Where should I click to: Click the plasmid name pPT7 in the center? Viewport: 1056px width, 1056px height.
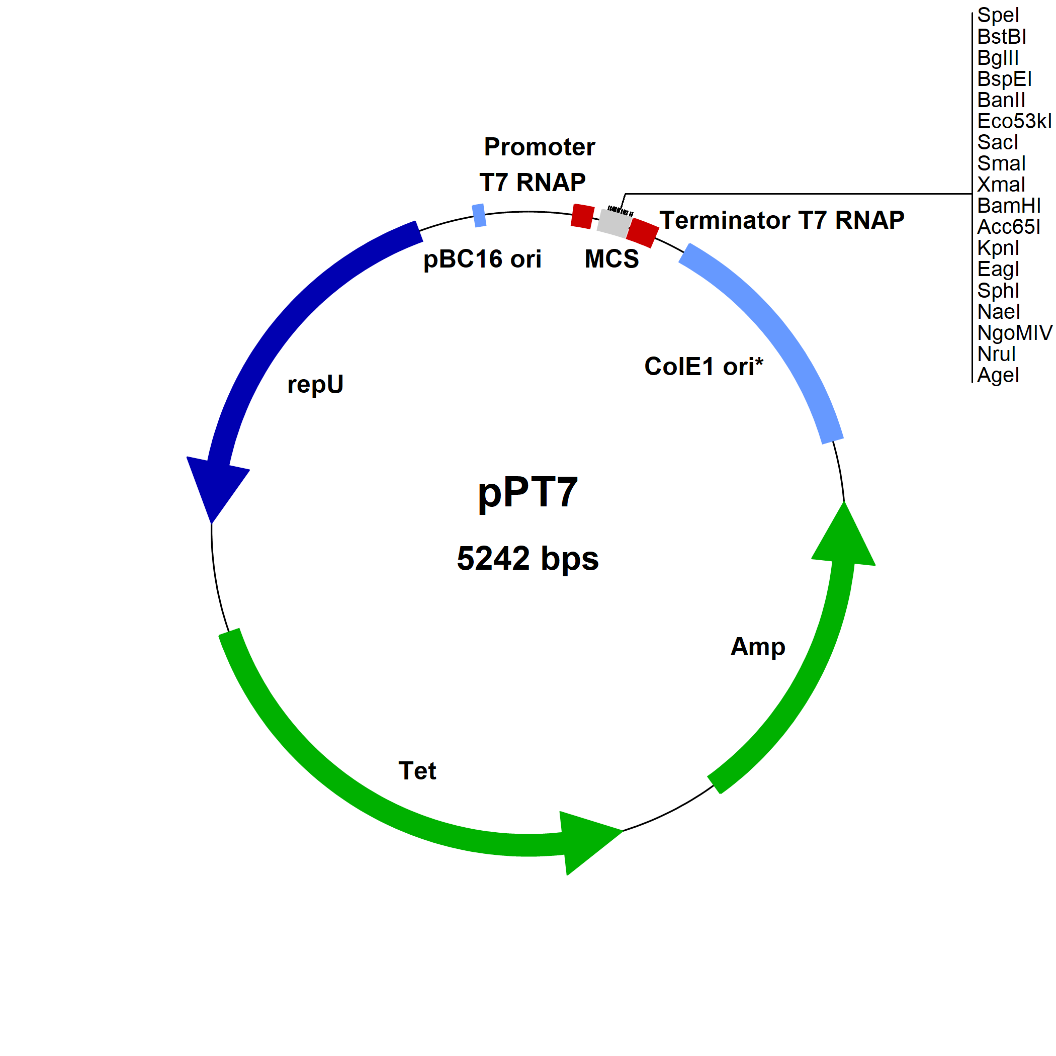coord(527,492)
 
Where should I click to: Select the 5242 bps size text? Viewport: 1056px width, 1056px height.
coord(527,559)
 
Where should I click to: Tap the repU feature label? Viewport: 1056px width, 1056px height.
coord(315,384)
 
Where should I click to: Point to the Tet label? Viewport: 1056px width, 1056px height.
coord(417,771)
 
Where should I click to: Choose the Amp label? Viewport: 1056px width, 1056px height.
coord(758,647)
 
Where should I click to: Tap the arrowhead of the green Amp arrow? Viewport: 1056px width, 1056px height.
coord(843,539)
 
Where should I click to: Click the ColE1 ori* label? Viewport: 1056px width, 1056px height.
coord(703,366)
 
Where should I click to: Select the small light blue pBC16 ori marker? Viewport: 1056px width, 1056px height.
coord(479,215)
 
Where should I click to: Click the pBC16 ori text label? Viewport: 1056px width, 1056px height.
coord(482,259)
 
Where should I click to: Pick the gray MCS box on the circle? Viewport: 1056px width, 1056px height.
coord(614,222)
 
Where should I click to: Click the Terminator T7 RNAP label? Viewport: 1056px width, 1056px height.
coord(781,220)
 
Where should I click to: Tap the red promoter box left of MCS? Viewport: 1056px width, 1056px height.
coord(583,216)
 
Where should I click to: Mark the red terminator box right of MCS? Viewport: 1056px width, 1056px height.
coord(643,233)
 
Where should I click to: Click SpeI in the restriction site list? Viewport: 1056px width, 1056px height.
coord(998,15)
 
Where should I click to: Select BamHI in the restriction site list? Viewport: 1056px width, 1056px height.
coord(1008,206)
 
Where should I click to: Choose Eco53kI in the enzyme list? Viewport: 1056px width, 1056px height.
coord(1014,121)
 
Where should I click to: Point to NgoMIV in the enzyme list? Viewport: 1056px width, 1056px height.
coord(1014,332)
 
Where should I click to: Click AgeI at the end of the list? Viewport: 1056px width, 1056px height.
coord(998,375)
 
